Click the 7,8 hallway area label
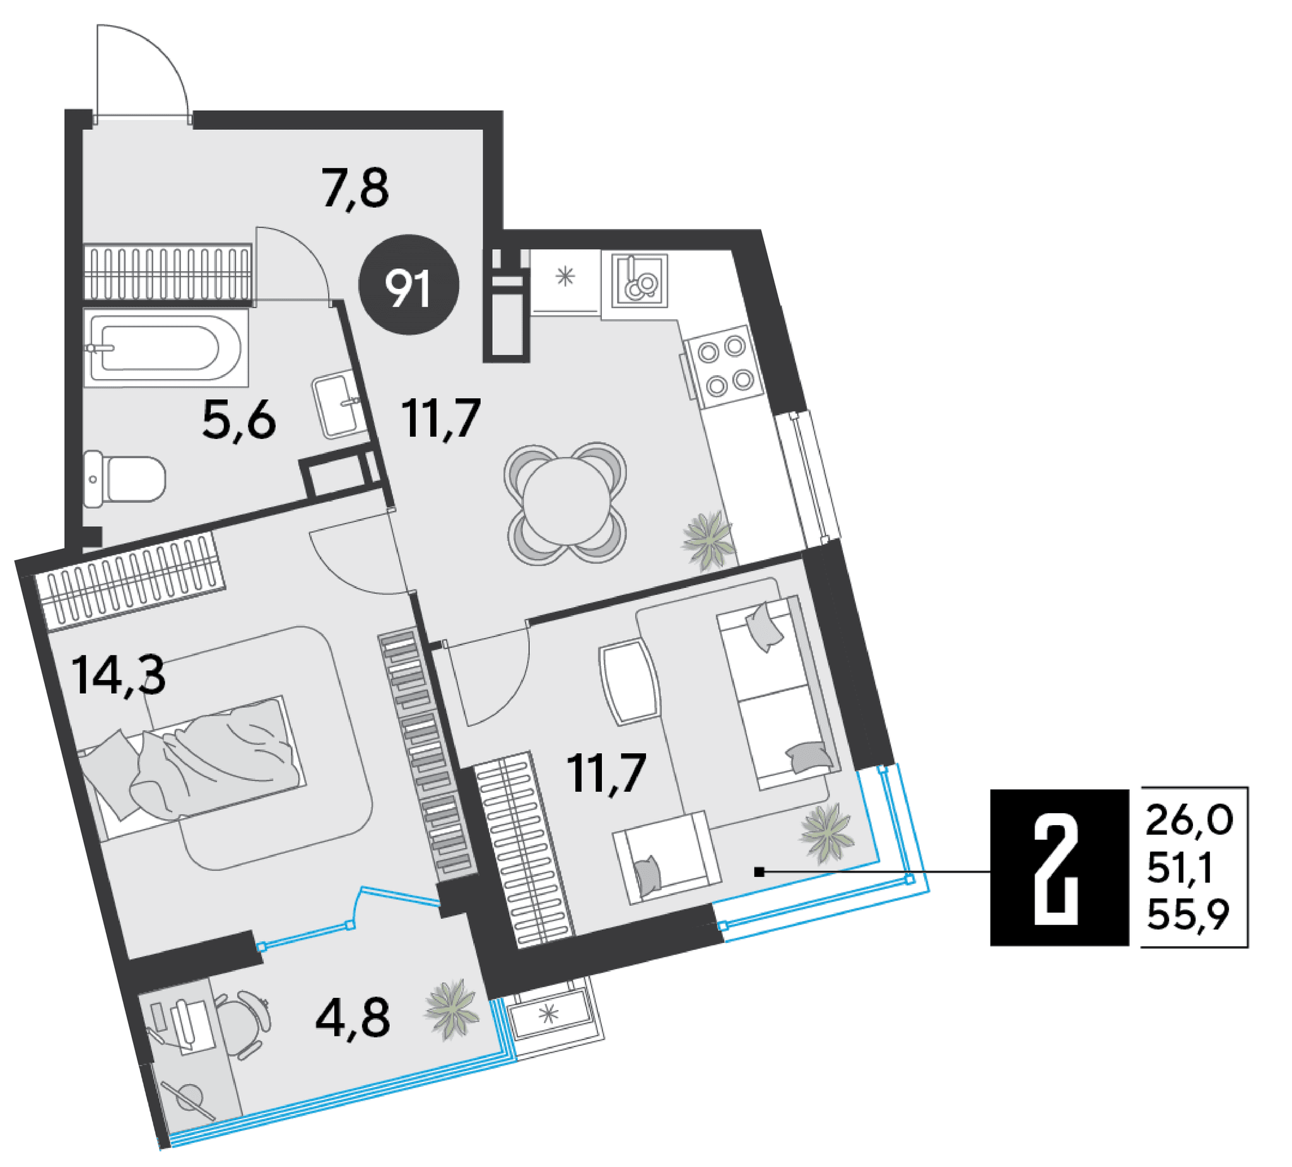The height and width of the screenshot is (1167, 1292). coord(356,189)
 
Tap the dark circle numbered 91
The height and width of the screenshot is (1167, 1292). coord(409,285)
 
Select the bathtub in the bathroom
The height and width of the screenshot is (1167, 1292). coord(166,348)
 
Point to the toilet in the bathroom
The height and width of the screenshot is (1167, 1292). coord(124,479)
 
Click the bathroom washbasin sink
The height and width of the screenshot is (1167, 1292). coord(336,406)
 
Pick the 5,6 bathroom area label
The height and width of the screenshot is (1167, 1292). coord(239,419)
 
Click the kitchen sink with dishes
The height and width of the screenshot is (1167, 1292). coord(639,281)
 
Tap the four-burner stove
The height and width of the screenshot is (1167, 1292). coord(725,367)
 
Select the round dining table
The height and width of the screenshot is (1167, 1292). coord(565,504)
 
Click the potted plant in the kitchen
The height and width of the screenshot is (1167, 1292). coord(709,540)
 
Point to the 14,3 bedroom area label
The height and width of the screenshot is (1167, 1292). coord(119,675)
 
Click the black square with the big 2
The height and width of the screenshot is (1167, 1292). coord(1059,868)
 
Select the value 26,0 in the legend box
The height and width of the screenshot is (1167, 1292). coord(1189,821)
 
